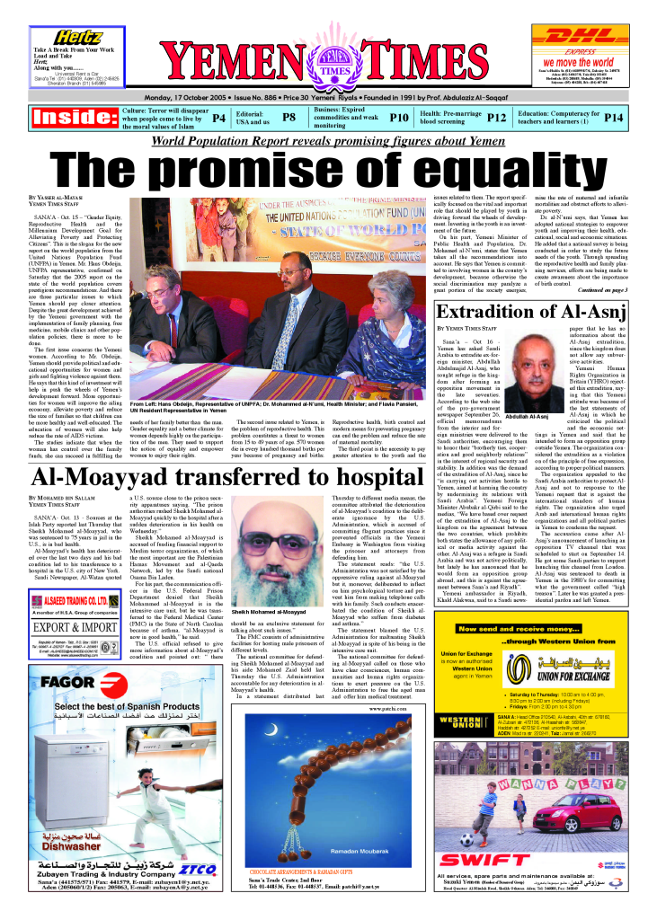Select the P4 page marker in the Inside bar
tap(218, 118)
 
